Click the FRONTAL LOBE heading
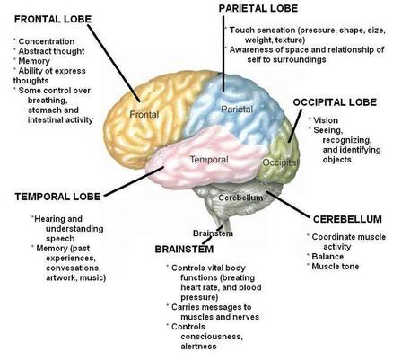click(x=53, y=19)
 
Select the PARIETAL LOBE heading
click(x=258, y=8)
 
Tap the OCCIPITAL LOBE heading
click(x=335, y=102)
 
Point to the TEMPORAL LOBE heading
click(x=57, y=197)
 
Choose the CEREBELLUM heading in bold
click(x=347, y=219)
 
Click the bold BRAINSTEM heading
click(x=184, y=250)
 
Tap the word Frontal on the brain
click(x=144, y=114)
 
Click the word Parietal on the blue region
click(x=237, y=109)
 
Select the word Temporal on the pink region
click(x=209, y=160)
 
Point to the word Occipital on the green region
click(x=280, y=162)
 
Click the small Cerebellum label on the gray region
click(x=240, y=198)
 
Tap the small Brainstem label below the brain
click(x=213, y=233)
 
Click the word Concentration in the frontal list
click(x=47, y=41)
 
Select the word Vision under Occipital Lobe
click(x=326, y=120)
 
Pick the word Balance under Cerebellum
click(x=327, y=257)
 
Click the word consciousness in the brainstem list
click(x=212, y=337)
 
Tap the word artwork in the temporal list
click(x=62, y=277)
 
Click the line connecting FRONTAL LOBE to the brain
click(x=114, y=63)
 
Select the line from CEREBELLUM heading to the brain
click(x=288, y=205)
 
